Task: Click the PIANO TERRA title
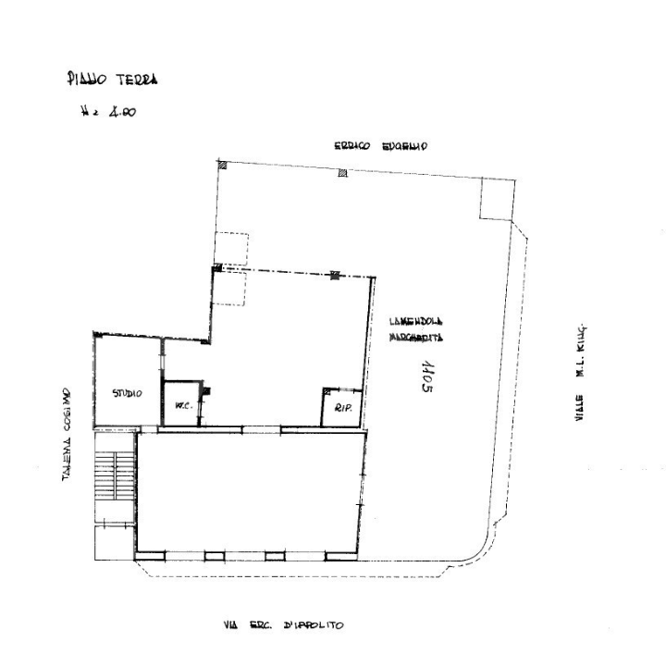coord(112,80)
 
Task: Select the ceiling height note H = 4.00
coord(109,114)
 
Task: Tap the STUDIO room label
coord(127,393)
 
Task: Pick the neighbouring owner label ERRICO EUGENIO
coord(379,146)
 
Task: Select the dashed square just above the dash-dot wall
coord(231,248)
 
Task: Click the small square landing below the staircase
coord(114,541)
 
